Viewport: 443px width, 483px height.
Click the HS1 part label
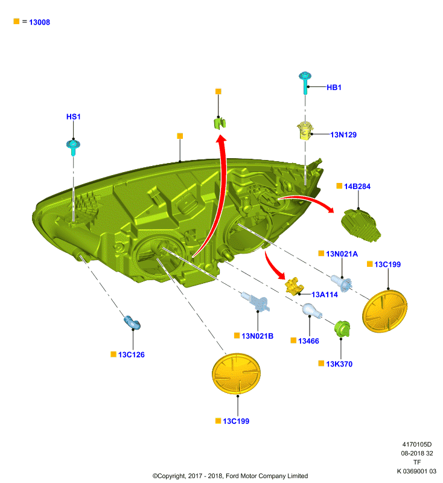[x=73, y=117]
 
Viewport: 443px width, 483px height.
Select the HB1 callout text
[x=334, y=88]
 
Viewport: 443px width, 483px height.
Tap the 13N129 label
[x=343, y=135]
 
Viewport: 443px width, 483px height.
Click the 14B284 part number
[x=357, y=187]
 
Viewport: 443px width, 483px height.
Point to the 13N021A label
[x=342, y=254]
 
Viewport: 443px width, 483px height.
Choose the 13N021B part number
[x=257, y=336]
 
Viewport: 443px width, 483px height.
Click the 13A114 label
[x=325, y=295]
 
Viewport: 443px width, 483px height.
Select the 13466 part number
[x=308, y=341]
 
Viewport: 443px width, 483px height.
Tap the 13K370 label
[x=339, y=364]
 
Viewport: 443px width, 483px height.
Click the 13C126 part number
[x=131, y=355]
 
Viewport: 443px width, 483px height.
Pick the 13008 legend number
[x=39, y=22]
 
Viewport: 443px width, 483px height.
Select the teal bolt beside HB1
[x=305, y=83]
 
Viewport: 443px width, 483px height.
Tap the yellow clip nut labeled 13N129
[x=305, y=131]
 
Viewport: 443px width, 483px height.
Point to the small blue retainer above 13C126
[x=132, y=322]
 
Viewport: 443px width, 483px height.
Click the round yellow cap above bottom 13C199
[x=236, y=374]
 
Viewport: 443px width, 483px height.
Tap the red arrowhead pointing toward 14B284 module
[x=330, y=209]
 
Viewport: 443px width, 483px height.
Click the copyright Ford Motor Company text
[x=231, y=476]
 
